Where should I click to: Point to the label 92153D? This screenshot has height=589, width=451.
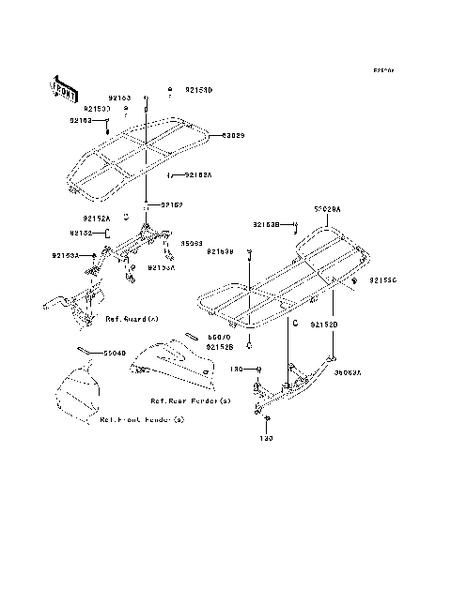(199, 90)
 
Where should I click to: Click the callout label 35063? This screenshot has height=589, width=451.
(191, 244)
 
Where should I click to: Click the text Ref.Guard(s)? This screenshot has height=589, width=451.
(131, 319)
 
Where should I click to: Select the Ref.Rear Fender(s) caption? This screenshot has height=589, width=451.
(197, 401)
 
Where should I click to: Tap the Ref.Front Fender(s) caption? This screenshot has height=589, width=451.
(142, 420)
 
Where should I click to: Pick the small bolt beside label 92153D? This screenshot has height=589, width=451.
(170, 89)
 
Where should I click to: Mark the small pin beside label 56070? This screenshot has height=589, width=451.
(189, 333)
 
